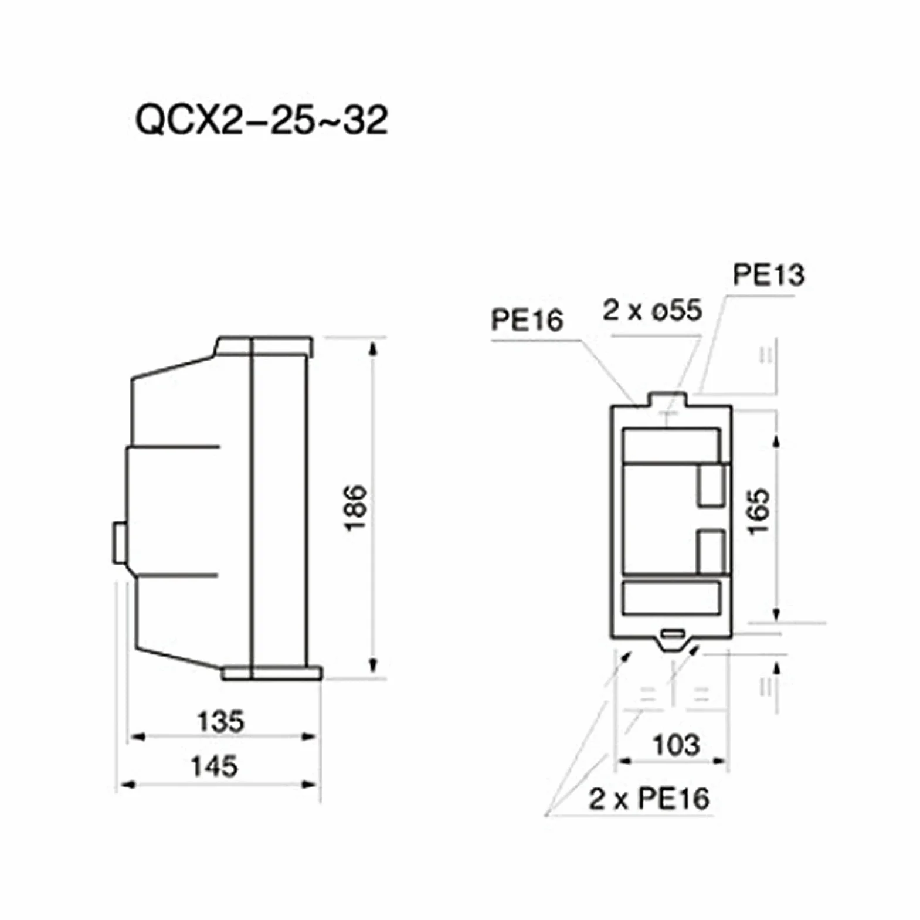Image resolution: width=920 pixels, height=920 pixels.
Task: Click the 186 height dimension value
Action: click(355, 508)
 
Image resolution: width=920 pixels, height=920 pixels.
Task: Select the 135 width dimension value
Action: click(221, 721)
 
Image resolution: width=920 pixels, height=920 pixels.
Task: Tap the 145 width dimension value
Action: click(215, 766)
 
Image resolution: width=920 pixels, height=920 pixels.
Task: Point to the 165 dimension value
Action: click(759, 511)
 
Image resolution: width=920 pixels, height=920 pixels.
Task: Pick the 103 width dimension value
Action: click(677, 745)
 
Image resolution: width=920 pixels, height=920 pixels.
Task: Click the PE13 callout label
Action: click(769, 274)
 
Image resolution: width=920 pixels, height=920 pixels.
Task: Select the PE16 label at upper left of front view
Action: click(527, 320)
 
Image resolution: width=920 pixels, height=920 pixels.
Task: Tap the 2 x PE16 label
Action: click(649, 799)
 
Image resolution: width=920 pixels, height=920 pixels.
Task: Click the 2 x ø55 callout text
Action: click(652, 310)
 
